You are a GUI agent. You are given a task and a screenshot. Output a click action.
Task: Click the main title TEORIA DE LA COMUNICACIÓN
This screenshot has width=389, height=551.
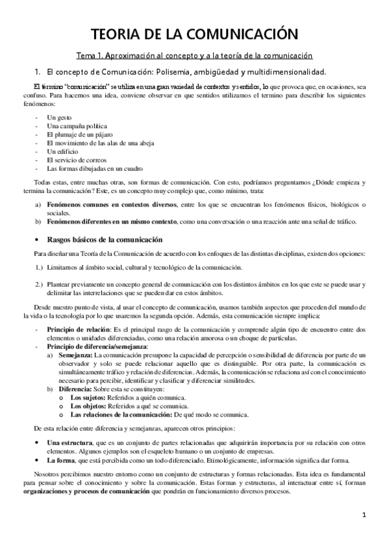(194, 34)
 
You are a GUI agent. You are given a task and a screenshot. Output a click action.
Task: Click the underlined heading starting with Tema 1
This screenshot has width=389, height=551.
(194, 56)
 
